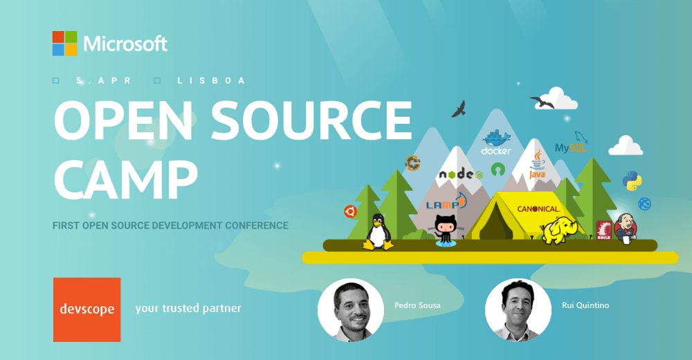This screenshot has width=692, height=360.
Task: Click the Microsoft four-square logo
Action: pyautogui.click(x=64, y=44)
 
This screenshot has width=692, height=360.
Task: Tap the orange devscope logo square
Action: pyautogui.click(x=86, y=309)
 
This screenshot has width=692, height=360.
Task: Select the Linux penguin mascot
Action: pyautogui.click(x=378, y=232)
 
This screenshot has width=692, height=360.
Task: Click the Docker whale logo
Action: pyautogui.click(x=496, y=141)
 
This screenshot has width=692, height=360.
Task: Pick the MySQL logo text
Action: pyautogui.click(x=571, y=146)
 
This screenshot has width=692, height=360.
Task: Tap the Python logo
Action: pyautogui.click(x=632, y=180)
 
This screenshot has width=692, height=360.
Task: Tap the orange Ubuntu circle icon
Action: pyautogui.click(x=350, y=212)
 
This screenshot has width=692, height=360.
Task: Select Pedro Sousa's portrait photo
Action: pyautogui.click(x=350, y=310)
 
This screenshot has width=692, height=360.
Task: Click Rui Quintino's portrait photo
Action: pyautogui.click(x=518, y=310)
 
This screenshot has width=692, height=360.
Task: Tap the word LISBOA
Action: pyautogui.click(x=211, y=81)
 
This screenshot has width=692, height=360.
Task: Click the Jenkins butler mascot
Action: pyautogui.click(x=626, y=227)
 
